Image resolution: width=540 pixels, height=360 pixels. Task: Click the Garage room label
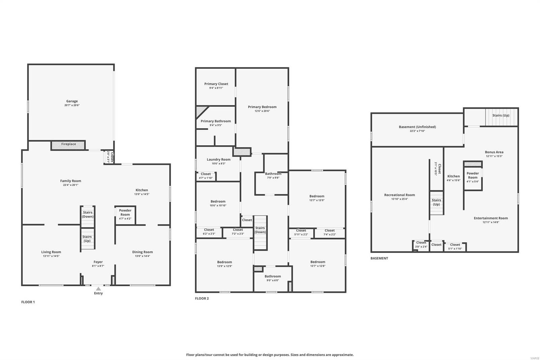tap(72, 101)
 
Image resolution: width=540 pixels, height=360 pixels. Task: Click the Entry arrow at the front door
tap(98, 289)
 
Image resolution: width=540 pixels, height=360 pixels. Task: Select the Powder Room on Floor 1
tap(125, 214)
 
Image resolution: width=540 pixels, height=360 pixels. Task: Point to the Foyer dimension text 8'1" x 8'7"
tap(98, 266)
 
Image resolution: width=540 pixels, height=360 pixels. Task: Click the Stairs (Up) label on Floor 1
tap(87, 239)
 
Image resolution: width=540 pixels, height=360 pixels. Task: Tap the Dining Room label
tap(142, 252)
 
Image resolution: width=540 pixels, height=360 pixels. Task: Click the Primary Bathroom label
tap(216, 121)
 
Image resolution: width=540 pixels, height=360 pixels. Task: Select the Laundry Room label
tap(219, 159)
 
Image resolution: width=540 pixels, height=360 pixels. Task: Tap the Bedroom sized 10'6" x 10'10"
tap(218, 203)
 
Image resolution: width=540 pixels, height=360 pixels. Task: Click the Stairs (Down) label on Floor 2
tap(260, 230)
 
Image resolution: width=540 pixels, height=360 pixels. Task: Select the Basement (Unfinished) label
tap(417, 127)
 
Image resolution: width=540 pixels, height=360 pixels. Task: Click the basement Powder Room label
tap(473, 175)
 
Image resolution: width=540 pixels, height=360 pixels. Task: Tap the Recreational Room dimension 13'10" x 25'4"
tap(400, 199)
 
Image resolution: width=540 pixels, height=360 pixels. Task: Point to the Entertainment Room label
tap(491, 218)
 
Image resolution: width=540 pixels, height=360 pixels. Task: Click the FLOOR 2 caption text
tap(202, 299)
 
